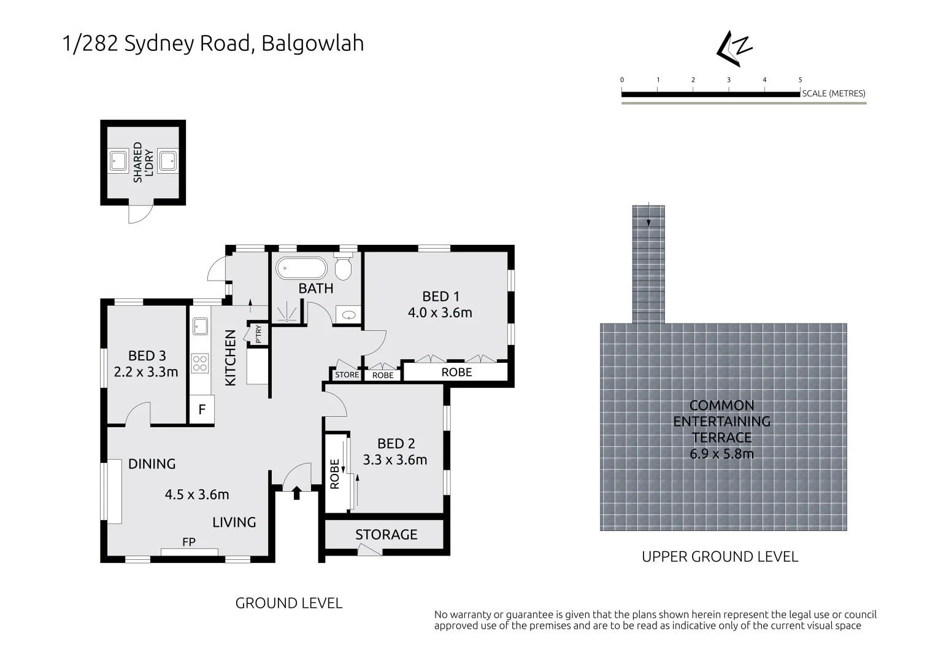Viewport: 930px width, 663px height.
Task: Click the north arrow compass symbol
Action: click(734, 47)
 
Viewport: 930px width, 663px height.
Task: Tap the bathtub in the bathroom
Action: click(301, 268)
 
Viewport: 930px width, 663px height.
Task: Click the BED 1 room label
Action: click(440, 296)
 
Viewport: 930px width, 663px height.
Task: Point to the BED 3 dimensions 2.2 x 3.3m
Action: click(146, 371)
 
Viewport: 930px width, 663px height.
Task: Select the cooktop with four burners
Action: click(199, 362)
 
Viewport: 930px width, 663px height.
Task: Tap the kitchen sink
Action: click(199, 326)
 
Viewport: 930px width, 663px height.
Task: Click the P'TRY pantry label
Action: click(258, 333)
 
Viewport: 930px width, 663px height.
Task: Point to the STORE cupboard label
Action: click(347, 374)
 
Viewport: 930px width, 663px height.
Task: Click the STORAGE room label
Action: click(386, 535)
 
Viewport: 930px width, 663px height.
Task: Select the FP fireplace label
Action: click(189, 542)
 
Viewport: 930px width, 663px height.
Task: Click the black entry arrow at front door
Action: click(297, 492)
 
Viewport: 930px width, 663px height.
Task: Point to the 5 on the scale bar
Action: click(800, 80)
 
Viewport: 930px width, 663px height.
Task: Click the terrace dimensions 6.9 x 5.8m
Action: click(721, 454)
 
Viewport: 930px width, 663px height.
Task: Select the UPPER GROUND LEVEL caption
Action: click(720, 557)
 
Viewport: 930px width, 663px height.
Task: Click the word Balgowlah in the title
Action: click(312, 43)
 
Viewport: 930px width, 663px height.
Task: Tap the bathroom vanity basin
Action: click(349, 316)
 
